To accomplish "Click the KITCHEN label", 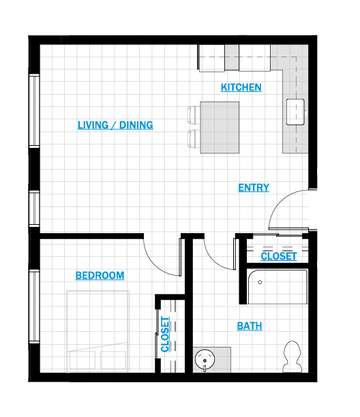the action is pos(241,87).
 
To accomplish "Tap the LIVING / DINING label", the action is pos(115,125).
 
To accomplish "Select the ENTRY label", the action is pos(254,187).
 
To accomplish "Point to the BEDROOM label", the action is pos(100,275).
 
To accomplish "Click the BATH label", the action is pos(250,326).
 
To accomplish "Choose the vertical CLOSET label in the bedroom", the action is pos(165,335).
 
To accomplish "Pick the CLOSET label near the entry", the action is pos(279,256).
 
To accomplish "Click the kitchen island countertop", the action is pos(220,127).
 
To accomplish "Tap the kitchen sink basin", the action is pos(295,112).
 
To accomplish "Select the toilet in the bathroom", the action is pos(292,356).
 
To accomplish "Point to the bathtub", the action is pos(277,287).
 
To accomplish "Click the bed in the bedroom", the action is pos(97,331).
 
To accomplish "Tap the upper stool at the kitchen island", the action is pos(194,114).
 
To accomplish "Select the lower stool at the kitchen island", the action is pos(194,138).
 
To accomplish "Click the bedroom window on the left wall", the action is pos(34,306).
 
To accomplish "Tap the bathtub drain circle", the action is pos(260,282).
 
